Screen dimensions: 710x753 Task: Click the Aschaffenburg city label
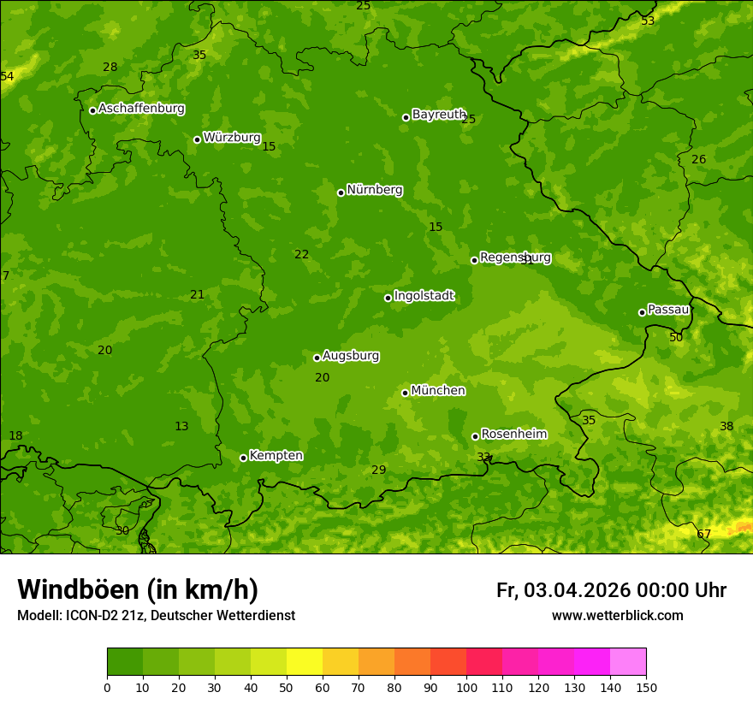point(141,109)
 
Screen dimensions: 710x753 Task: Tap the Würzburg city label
point(232,138)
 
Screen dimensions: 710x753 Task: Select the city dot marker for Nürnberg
point(341,192)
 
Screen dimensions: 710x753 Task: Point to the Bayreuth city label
point(439,115)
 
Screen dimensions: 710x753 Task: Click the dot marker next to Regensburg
point(474,260)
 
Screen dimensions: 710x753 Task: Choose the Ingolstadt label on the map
point(424,296)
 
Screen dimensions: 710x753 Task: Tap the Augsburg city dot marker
point(317,358)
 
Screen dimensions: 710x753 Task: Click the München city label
point(438,391)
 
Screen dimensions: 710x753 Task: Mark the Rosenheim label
point(513,435)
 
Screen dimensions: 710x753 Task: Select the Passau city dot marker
point(642,312)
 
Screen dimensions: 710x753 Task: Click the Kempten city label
point(276,456)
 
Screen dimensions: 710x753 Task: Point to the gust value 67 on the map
point(703,535)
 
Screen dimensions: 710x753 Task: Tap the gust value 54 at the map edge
point(8,77)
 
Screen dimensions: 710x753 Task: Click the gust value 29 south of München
point(378,470)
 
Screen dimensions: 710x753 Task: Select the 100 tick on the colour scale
point(466,687)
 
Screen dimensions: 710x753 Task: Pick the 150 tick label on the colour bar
point(646,687)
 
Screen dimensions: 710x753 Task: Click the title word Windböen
point(78,589)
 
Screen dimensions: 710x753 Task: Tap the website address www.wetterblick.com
point(617,615)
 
